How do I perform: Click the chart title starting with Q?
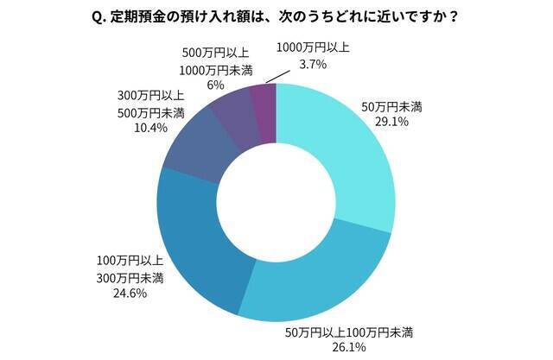coord(276,16)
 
